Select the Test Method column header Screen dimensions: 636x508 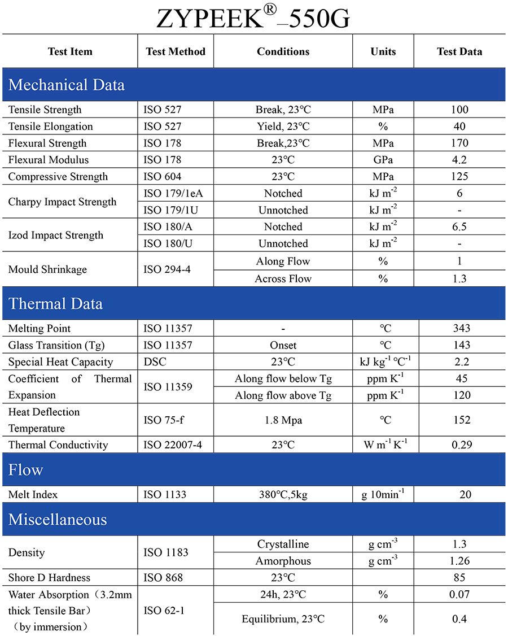(176, 51)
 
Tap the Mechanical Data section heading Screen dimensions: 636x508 (67, 85)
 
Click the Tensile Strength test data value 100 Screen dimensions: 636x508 (459, 110)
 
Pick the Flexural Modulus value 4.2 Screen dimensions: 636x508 (459, 160)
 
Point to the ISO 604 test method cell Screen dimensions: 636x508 (163, 177)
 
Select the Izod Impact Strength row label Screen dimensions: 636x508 (56, 235)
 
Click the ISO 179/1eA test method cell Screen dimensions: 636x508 (173, 193)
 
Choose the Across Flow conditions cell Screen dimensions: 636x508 (283, 278)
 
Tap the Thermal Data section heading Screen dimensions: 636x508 (55, 303)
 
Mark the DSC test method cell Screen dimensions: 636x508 (155, 362)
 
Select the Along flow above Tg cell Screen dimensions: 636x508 (283, 395)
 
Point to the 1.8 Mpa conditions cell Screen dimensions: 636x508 (283, 420)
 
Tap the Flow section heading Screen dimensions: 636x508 (26, 470)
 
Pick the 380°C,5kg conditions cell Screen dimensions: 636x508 (283, 495)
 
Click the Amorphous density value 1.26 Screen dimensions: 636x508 (459, 561)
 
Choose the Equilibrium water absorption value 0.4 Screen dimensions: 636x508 (459, 619)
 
